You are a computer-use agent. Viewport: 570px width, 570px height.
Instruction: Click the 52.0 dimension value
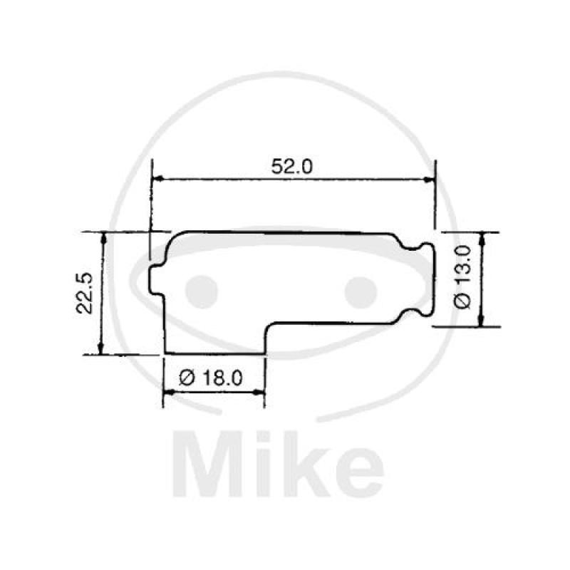point(292,166)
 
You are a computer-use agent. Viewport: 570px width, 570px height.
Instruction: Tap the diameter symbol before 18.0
point(187,378)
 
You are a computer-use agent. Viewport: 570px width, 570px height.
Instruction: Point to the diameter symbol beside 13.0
point(462,301)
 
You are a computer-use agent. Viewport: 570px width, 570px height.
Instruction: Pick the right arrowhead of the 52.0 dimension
point(429,180)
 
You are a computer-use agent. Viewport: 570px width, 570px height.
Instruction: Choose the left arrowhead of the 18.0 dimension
point(170,391)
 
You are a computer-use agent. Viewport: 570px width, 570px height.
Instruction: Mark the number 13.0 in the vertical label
point(462,267)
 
